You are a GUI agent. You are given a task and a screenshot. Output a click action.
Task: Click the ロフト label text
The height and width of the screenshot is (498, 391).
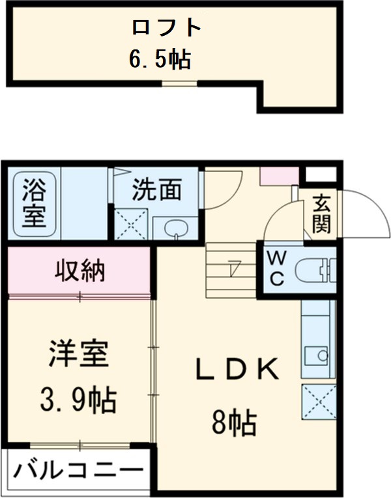pyautogui.click(x=166, y=29)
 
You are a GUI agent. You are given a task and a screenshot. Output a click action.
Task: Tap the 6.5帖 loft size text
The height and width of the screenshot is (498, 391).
pyautogui.click(x=159, y=60)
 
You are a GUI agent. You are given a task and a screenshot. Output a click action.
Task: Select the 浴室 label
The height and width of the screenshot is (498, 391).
pyautogui.click(x=31, y=203)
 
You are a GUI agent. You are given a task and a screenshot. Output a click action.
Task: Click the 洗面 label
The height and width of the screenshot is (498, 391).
pyautogui.click(x=156, y=190)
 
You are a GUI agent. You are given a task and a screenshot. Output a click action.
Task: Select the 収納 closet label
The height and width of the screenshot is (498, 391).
pyautogui.click(x=80, y=270)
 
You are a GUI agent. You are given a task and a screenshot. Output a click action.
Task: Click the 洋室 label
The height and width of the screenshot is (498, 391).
pyautogui.click(x=78, y=355)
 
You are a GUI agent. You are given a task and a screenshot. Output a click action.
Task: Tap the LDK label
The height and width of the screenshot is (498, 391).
pyautogui.click(x=239, y=370)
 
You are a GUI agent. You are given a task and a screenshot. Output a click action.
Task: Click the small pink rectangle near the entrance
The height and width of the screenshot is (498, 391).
pyautogui.click(x=279, y=175)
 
